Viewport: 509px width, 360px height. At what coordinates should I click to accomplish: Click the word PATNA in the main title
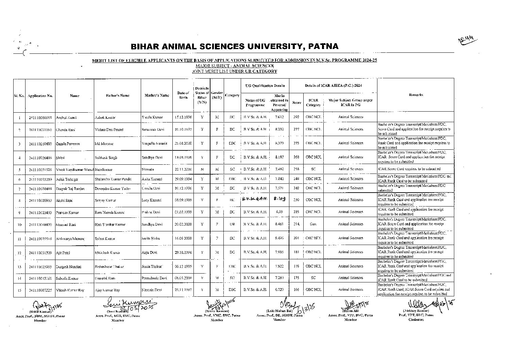pyautogui.click(x=320, y=46)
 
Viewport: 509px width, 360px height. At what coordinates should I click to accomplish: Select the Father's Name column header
pyautogui.click(x=118, y=96)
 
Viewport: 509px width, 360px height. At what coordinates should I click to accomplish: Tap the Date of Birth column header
pyautogui.click(x=183, y=95)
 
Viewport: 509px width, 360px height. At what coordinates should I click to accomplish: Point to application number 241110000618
pyautogui.click(x=40, y=117)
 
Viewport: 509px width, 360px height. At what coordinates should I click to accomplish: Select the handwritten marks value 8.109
pyautogui.click(x=279, y=199)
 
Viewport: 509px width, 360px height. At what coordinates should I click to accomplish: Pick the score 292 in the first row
pyautogui.click(x=296, y=117)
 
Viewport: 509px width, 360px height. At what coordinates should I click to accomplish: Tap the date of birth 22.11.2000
pyautogui.click(x=183, y=169)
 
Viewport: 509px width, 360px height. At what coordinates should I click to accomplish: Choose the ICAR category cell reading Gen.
pyautogui.click(x=313, y=224)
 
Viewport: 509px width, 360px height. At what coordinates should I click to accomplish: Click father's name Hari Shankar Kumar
pyautogui.click(x=110, y=225)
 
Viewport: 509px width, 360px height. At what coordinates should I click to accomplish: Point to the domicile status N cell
pyautogui.click(x=202, y=169)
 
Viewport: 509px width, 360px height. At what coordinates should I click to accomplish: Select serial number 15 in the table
pyautogui.click(x=19, y=290)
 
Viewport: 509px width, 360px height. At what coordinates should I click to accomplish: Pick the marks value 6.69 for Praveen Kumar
pyautogui.click(x=279, y=212)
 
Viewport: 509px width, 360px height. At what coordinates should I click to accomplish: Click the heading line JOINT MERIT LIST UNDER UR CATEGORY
pyautogui.click(x=234, y=71)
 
